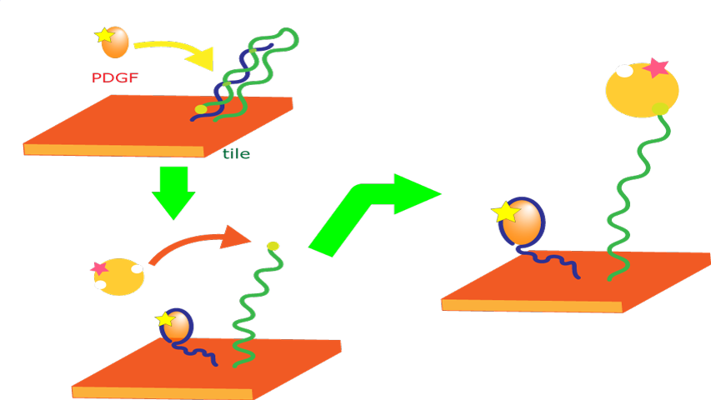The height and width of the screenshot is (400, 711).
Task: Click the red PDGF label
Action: [115, 78]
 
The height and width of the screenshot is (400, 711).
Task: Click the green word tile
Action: [236, 154]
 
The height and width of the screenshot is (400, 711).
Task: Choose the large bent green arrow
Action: [367, 208]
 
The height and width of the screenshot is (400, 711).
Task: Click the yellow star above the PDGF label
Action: [104, 36]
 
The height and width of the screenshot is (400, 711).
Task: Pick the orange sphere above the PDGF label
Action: [117, 42]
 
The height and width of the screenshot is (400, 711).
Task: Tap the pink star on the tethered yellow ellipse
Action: [657, 67]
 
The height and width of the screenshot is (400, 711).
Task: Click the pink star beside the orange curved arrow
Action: [99, 268]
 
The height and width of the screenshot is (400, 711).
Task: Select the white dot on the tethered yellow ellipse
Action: [623, 71]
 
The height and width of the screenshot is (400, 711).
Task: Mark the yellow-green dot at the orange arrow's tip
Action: [273, 246]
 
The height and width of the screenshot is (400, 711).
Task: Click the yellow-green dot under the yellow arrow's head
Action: [201, 109]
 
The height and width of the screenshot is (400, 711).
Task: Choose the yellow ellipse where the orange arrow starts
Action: [122, 277]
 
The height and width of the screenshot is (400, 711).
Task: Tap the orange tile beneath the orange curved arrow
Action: [208, 367]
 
